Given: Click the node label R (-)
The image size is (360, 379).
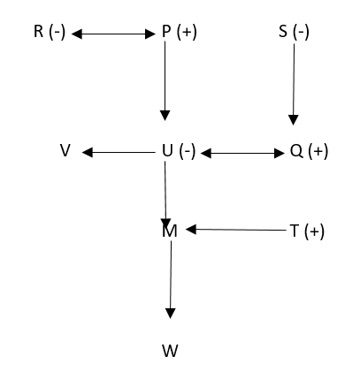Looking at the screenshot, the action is coord(50,32).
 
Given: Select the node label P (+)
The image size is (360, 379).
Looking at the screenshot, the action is coord(180,32).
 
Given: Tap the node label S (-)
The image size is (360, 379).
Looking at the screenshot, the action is coord(294,32).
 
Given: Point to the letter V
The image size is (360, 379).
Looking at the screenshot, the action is coord(65,150).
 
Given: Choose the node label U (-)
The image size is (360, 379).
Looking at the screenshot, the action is coord(179,151).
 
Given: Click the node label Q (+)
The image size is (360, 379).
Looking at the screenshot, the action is coord(309,151).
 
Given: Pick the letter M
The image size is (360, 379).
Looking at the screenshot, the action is coord(170,231).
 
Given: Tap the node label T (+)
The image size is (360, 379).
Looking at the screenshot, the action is coord(307,231).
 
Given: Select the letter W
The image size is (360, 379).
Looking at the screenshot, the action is coord(171,351).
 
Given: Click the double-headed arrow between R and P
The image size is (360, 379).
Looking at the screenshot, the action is coord(113,34).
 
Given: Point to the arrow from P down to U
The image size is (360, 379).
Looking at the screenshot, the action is coord(165,80).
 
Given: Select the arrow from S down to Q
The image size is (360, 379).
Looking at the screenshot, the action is coord(294,84).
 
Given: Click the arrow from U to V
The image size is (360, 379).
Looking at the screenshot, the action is coord(119,153).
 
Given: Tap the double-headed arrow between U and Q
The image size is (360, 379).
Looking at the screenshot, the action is coord(242,153).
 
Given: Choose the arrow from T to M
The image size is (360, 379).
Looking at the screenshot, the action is coord(236,230).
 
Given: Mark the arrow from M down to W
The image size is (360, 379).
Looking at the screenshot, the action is coord(171,280).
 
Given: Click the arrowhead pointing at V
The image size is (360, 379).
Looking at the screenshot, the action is coord(88,153).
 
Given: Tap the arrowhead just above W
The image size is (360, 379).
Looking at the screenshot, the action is coord(171,314).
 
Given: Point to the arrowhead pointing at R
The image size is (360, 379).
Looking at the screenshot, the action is coord(77,34).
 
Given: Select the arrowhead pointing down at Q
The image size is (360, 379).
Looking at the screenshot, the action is coord(293,120).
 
